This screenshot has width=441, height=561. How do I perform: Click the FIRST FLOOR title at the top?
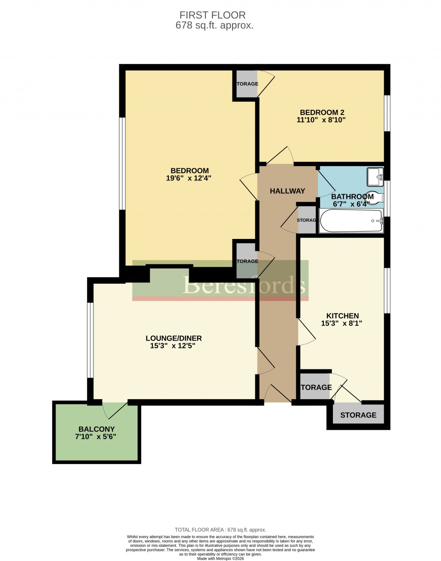pyautogui.click(x=212, y=15)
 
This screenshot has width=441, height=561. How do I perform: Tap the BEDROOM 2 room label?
pyautogui.click(x=322, y=112)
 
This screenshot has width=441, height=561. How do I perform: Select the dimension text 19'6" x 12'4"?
pyautogui.click(x=189, y=178)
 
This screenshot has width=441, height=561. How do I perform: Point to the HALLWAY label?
pyautogui.click(x=287, y=191)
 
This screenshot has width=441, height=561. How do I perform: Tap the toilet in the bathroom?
pyautogui.click(x=376, y=197)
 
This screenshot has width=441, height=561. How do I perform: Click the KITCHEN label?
pyautogui.click(x=342, y=316)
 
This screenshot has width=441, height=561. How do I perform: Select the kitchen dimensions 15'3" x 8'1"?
pyautogui.click(x=342, y=323)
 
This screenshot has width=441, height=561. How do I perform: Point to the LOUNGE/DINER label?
pyautogui.click(x=174, y=338)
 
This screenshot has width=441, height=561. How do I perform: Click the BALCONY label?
pyautogui.click(x=96, y=429)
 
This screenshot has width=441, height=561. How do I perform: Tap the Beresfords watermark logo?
pyautogui.click(x=244, y=285)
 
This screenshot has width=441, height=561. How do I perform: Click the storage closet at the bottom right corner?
pyautogui.click(x=358, y=415)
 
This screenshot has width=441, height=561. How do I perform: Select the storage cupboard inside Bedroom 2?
pyautogui.click(x=246, y=84)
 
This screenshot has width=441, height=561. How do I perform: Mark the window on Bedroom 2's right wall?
pyautogui.click(x=387, y=113)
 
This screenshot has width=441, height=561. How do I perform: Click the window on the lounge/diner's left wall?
pyautogui.click(x=90, y=340)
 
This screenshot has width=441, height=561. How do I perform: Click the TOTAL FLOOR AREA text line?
pyautogui.click(x=220, y=530)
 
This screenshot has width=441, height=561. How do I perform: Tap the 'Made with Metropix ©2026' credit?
pyautogui.click(x=220, y=558)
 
